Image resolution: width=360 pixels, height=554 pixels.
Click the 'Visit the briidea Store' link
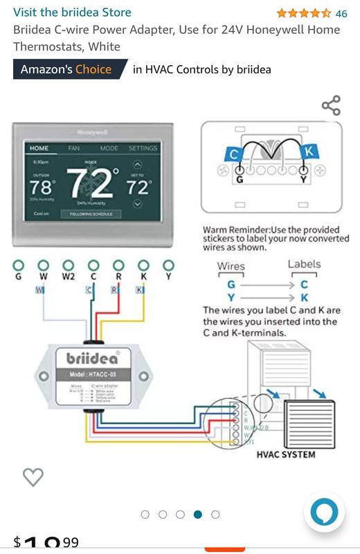pos(72,12)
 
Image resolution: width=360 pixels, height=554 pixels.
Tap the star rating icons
pos(303,13)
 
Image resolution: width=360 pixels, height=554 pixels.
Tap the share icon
pos(331,106)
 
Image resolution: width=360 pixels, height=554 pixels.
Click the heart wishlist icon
pos(33,476)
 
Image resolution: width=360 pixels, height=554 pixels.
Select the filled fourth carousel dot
pos(198,515)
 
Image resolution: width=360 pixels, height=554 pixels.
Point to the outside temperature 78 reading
pos(41,187)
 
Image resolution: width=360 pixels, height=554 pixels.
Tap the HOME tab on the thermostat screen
pos(39,148)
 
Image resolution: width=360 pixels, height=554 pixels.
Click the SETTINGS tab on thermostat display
pos(143,148)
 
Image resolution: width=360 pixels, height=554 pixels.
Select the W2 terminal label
pos(69,277)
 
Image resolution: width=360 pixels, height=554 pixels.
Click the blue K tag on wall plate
pos(309,152)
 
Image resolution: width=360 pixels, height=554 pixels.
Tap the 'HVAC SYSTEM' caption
pos(285,455)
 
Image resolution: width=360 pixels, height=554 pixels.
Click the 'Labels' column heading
pos(305,264)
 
